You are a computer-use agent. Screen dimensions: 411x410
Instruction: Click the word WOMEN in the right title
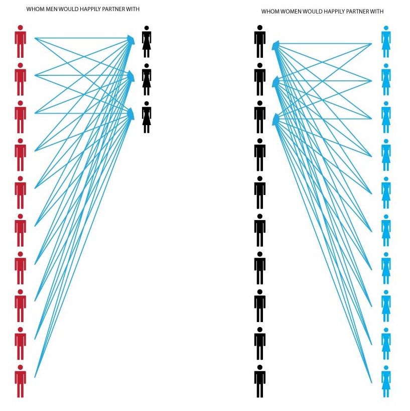point(292,11)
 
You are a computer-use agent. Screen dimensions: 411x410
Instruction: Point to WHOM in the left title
point(33,10)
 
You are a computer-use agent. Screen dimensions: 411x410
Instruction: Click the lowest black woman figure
point(147,118)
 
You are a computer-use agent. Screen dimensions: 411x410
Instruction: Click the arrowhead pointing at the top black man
point(275,46)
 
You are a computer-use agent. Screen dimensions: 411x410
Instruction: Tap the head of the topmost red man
point(20,28)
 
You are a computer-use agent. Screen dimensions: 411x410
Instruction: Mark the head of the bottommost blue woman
point(385,367)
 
